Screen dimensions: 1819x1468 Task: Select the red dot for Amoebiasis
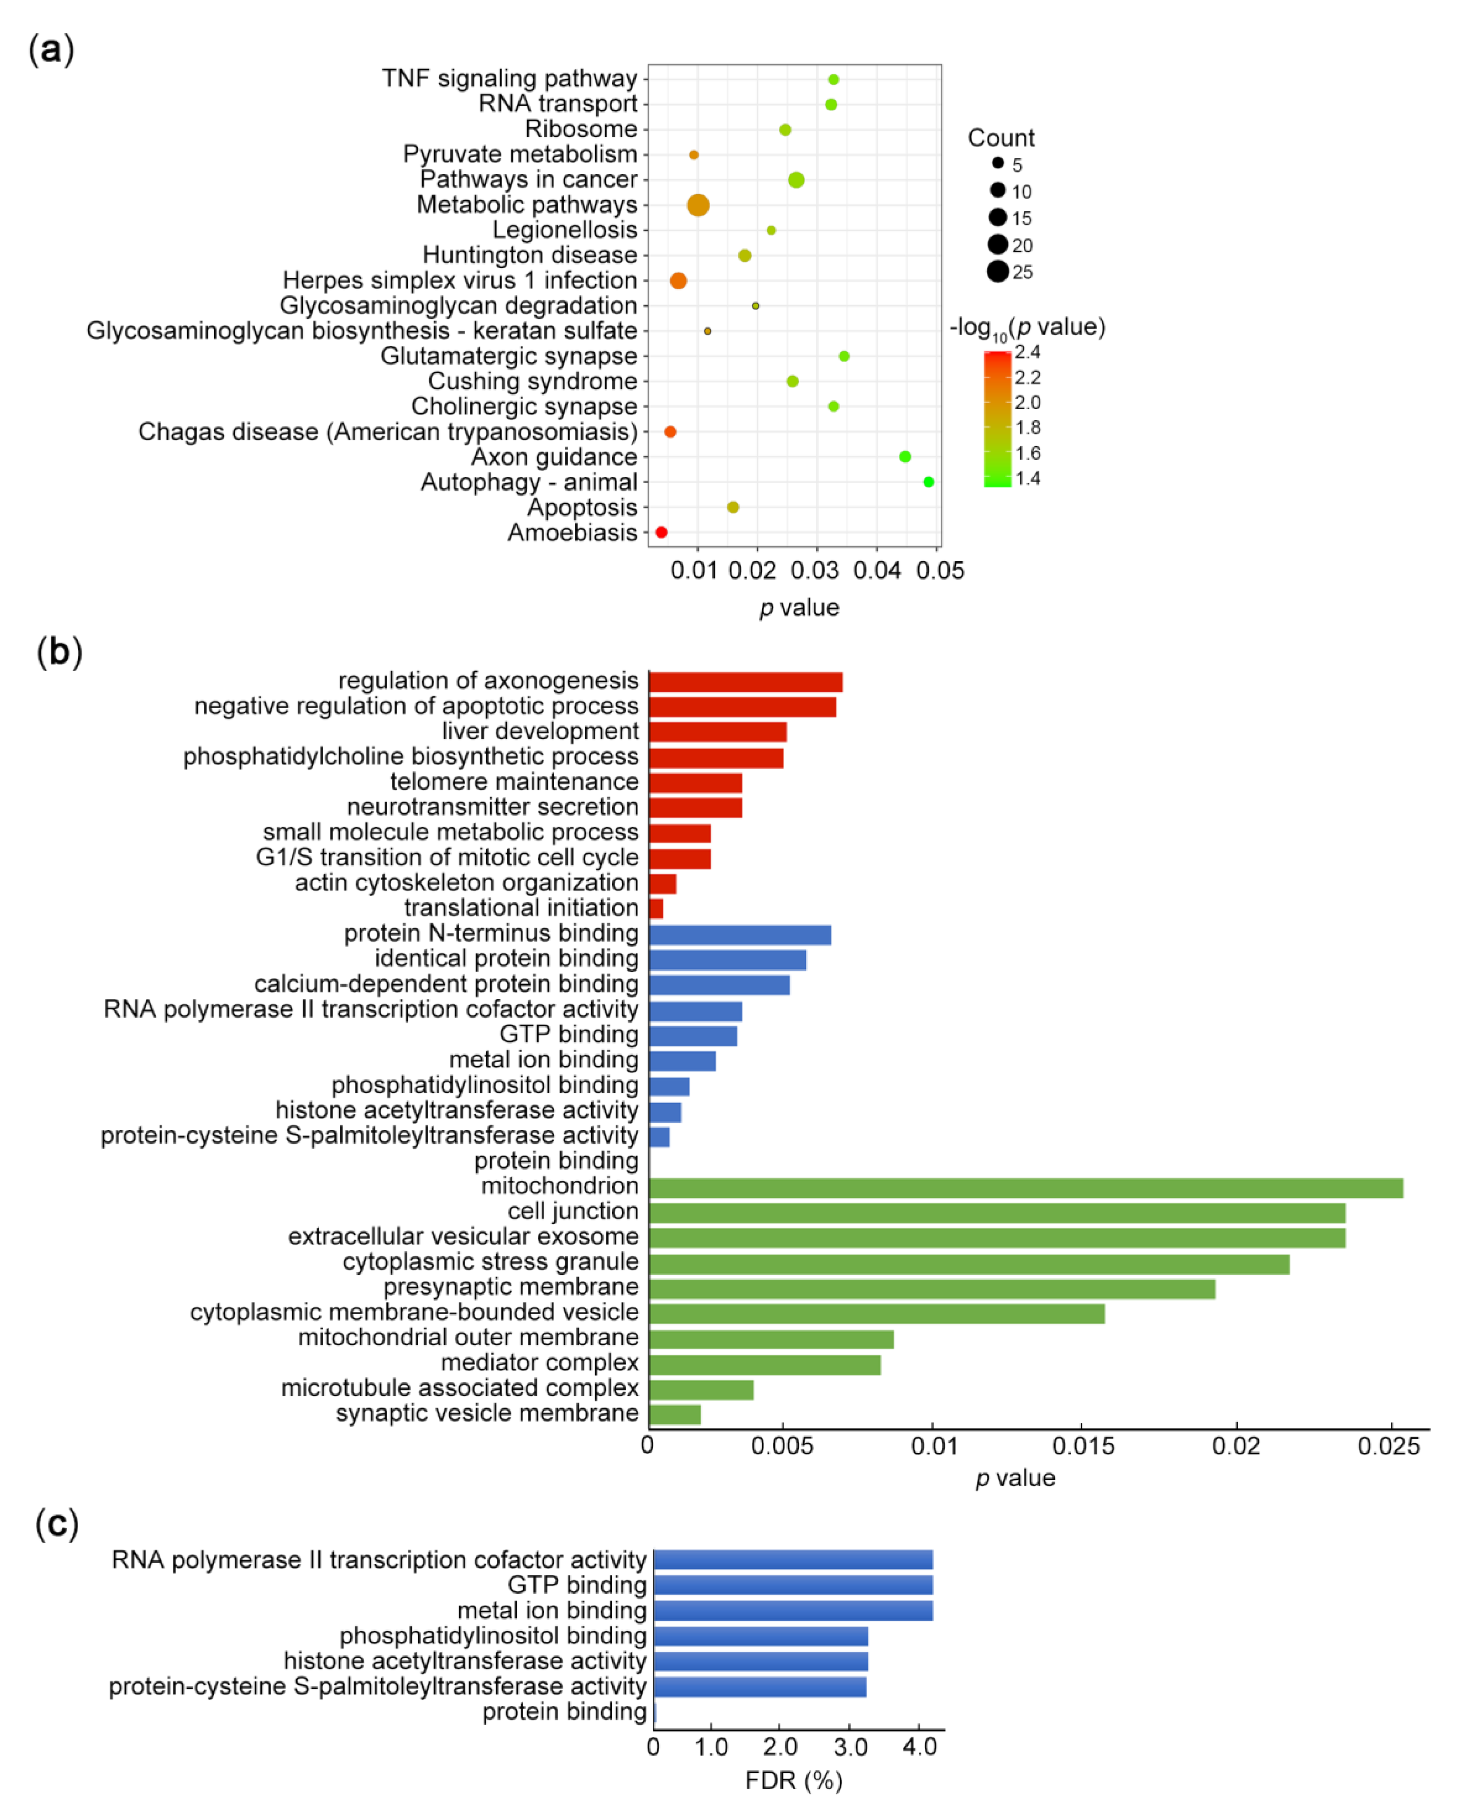[x=661, y=532]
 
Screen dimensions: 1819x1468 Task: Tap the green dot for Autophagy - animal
[x=929, y=482]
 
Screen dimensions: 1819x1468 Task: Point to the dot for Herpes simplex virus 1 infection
[x=678, y=281]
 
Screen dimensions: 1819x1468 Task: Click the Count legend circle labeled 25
[x=998, y=272]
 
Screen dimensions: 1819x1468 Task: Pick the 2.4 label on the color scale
[x=1028, y=352]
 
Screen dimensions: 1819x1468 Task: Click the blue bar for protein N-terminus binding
[x=740, y=934]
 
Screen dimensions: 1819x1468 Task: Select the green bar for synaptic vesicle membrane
[x=675, y=1414]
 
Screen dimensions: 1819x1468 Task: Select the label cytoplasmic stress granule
[x=490, y=1262]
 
